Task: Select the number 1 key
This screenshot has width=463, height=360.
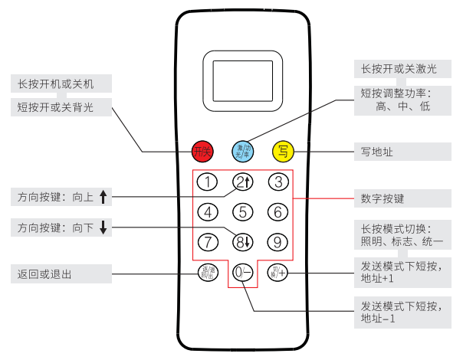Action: click(x=207, y=182)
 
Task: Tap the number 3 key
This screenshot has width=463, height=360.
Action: click(x=278, y=182)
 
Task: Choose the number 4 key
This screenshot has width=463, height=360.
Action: click(x=207, y=212)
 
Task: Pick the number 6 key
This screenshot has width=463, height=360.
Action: click(x=278, y=212)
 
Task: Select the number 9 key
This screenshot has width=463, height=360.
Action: click(x=278, y=242)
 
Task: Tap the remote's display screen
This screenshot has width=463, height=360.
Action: click(x=242, y=79)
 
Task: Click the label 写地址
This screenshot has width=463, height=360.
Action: click(x=377, y=152)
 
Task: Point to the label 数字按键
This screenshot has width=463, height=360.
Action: click(x=383, y=198)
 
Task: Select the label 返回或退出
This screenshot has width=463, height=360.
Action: click(x=44, y=273)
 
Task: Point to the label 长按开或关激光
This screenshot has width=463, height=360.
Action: click(x=399, y=69)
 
